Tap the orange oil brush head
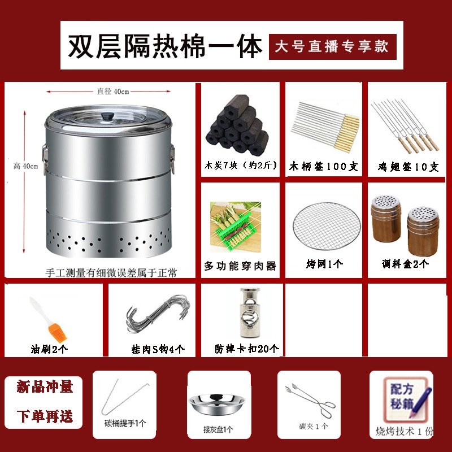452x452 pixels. click(58, 333)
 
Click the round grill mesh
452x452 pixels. click(327, 226)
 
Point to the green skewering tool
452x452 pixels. click(236, 227)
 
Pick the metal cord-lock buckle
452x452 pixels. click(250, 312)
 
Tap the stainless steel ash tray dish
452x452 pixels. click(217, 405)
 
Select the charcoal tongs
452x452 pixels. click(310, 400)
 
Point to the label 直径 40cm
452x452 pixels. click(112, 92)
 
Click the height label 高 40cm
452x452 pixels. click(25, 166)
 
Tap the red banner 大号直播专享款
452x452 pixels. click(333, 47)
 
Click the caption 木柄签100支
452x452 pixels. click(323, 166)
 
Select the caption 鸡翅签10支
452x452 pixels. click(408, 167)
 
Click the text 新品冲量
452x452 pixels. click(45, 386)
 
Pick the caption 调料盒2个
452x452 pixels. click(405, 263)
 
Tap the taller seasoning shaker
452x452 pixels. click(386, 219)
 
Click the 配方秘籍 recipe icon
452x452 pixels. click(405, 399)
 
